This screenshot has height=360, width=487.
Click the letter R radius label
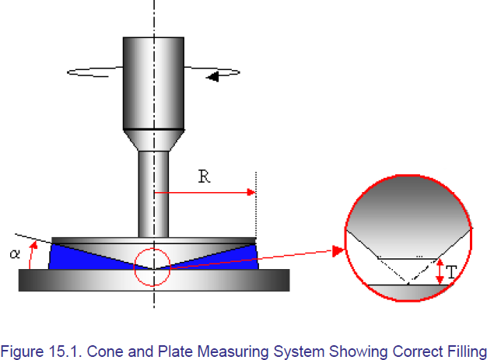click(x=204, y=177)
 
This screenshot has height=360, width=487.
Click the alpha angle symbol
click(x=15, y=253)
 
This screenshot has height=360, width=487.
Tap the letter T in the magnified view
click(x=451, y=272)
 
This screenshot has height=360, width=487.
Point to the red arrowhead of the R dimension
click(x=251, y=192)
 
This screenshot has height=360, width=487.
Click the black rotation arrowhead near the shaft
click(x=212, y=76)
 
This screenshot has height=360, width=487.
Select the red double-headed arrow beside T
click(x=440, y=271)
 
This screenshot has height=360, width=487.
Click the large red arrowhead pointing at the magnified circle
click(x=338, y=251)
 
